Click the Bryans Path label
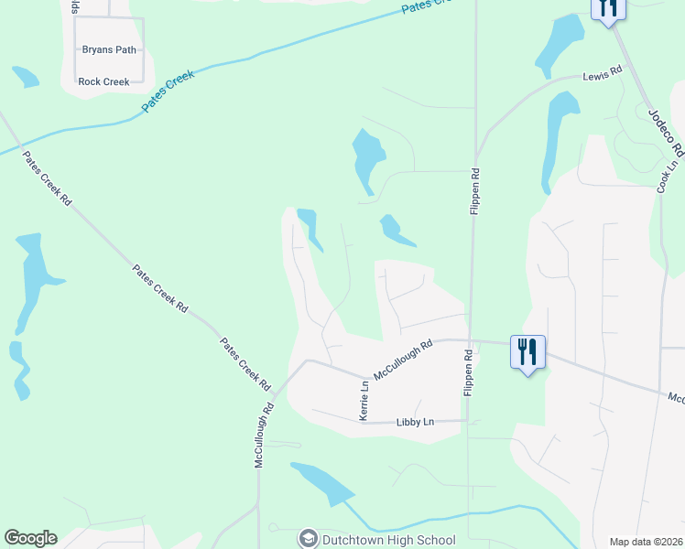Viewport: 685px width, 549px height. click(109, 49)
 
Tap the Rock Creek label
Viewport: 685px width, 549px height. click(103, 81)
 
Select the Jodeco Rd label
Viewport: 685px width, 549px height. click(666, 132)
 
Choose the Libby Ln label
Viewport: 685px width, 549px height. click(415, 422)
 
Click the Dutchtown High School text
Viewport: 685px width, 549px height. click(389, 540)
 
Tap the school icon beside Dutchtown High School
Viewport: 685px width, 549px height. click(309, 539)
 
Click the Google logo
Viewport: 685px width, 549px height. click(30, 538)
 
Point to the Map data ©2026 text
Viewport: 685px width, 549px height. click(646, 542)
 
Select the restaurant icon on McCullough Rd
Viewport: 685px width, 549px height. click(527, 350)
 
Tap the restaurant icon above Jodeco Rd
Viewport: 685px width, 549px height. click(608, 9)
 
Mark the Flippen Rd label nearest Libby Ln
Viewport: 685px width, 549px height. click(468, 371)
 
